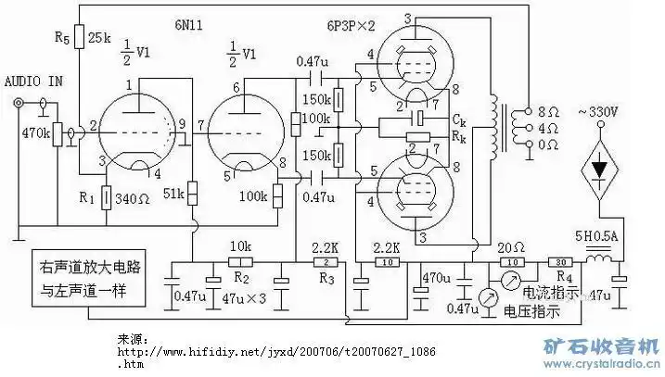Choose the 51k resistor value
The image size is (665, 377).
(x=173, y=195)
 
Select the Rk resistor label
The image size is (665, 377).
(x=460, y=135)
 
